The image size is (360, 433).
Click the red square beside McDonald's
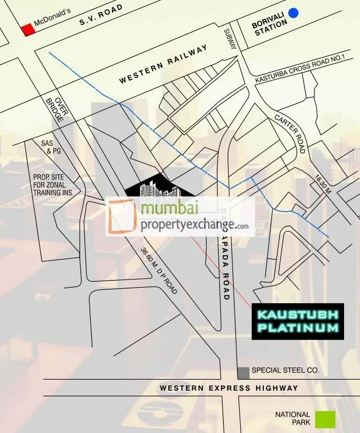27,30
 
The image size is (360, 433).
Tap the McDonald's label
53,18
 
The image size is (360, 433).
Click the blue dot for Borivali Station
293,13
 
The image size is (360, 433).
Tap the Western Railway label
164,64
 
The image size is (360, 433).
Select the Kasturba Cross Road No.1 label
300,69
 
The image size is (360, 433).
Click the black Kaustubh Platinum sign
298,321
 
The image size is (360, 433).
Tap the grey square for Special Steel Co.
243,373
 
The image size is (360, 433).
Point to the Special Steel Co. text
285,371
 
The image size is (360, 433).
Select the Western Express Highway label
229,388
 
